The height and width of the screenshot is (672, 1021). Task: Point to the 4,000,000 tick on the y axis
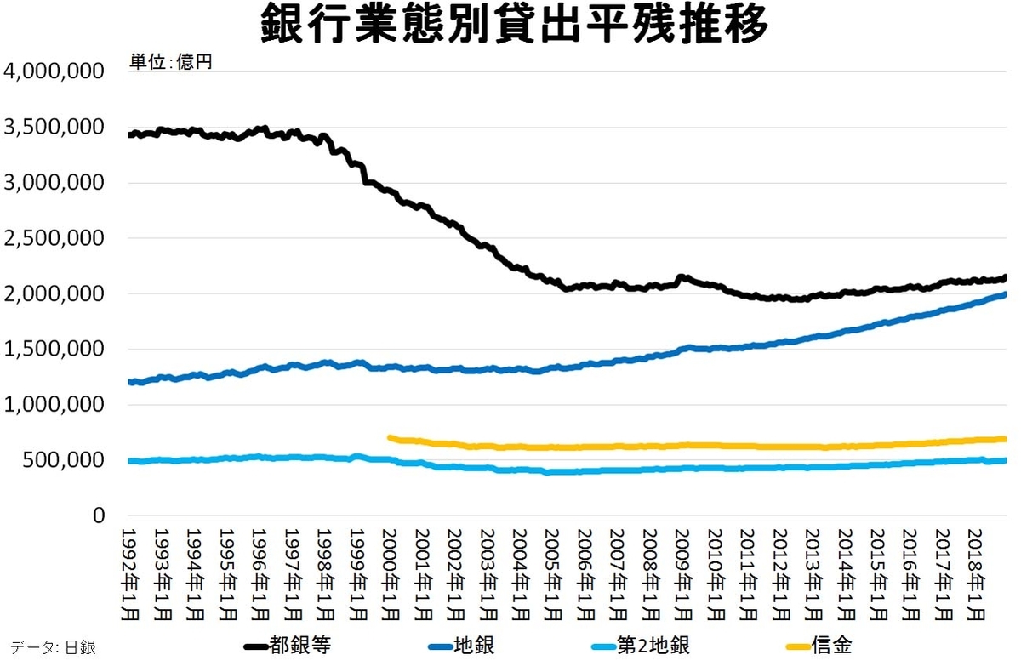(54, 71)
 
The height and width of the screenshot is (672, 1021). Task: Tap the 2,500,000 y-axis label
(54, 238)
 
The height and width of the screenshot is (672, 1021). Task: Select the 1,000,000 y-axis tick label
(54, 405)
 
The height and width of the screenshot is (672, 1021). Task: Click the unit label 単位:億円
(170, 63)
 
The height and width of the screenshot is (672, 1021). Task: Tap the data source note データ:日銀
(53, 647)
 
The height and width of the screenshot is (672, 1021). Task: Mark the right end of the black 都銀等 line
(1004, 277)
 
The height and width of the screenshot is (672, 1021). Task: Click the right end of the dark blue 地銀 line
(1004, 295)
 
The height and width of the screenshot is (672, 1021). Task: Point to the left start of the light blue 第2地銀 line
(130, 461)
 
